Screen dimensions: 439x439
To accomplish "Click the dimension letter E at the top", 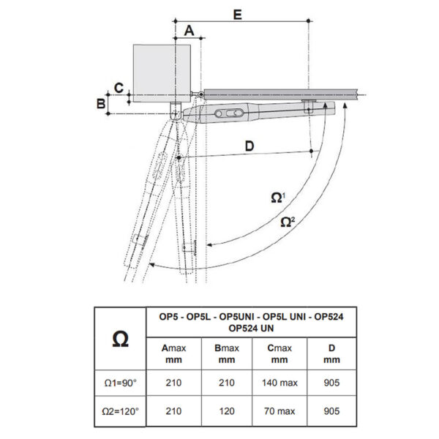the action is (237, 15).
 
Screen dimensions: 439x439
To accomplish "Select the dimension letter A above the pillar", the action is (189, 31).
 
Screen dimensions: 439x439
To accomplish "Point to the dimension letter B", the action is (101, 103).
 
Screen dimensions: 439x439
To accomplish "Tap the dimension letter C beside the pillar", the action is (119, 88).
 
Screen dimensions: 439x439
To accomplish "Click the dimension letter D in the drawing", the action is (249, 146).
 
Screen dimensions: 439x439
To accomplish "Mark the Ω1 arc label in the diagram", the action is (278, 198).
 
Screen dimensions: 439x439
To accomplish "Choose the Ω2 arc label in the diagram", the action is (288, 222).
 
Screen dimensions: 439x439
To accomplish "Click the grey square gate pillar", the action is (162, 73).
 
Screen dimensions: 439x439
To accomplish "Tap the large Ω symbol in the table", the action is (121, 339).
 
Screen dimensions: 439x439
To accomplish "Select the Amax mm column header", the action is (173, 354).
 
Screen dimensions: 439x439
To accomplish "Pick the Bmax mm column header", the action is (227, 354).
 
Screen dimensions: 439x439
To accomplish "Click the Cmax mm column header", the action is (279, 354).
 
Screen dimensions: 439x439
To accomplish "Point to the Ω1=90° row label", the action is (121, 383).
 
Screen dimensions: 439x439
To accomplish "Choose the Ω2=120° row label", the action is (121, 411).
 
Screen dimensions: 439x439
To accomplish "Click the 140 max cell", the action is (279, 383).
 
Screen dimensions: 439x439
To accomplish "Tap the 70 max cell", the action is (279, 411).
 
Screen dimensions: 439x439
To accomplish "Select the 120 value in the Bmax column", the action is (227, 411).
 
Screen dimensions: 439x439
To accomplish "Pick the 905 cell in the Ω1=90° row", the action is (331, 383).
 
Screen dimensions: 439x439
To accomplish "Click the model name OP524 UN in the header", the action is (251, 328).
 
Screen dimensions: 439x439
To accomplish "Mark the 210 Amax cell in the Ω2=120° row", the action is (173, 411).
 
